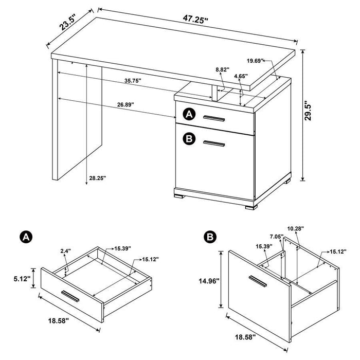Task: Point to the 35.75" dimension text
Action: pos(133,81)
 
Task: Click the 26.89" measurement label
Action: pos(125,104)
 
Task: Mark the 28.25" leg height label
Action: pos(97,178)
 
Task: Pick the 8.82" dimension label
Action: pos(222,68)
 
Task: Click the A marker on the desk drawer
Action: pos(189,115)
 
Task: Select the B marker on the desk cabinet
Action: pos(189,138)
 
